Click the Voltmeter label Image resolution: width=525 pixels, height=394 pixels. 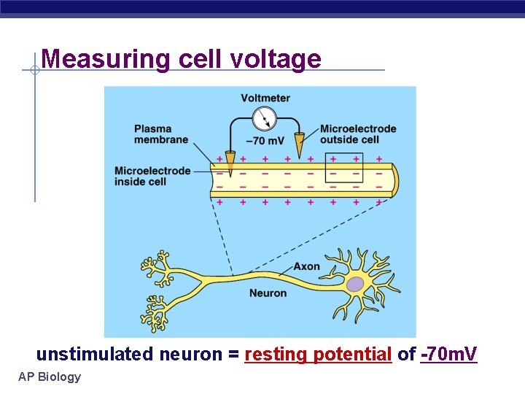265,98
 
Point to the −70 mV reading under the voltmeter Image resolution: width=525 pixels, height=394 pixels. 265,141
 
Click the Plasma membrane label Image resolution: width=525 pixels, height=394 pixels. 161,134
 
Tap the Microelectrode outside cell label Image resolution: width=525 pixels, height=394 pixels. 358,134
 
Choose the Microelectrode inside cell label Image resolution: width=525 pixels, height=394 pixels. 152,176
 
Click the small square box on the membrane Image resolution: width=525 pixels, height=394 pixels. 344,166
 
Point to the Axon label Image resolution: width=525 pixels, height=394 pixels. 306,266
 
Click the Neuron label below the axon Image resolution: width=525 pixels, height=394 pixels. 268,293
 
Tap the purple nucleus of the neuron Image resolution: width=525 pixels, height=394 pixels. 355,285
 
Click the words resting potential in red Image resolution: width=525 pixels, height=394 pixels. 319,355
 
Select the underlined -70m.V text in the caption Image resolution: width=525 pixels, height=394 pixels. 448,355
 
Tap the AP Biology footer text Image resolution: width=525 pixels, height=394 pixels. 50,376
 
